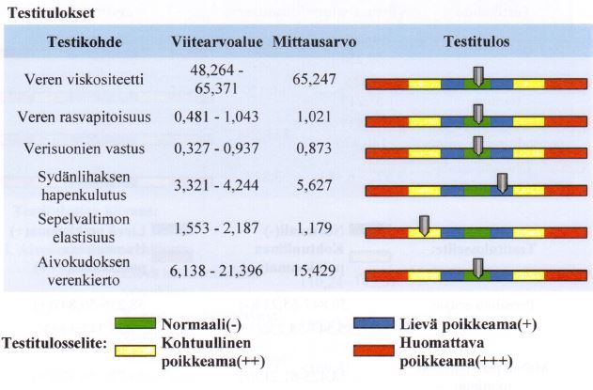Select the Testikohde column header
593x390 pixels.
(81, 42)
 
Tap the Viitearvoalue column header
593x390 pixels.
(215, 42)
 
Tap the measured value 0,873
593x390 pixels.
(312, 148)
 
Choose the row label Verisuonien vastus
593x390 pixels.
(82, 148)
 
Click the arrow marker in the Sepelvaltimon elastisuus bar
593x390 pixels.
(424, 225)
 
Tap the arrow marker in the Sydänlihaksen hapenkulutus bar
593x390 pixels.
(504, 181)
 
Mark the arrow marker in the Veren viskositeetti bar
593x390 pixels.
(478, 76)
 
